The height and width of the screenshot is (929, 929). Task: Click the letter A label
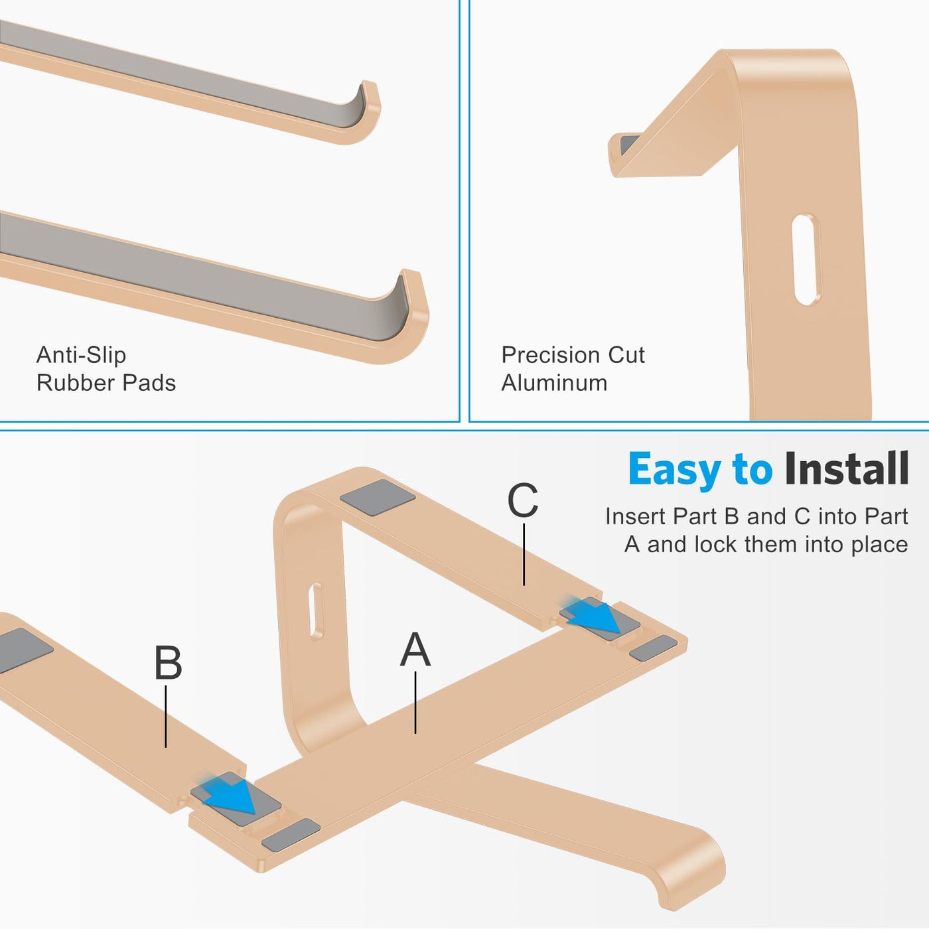pyautogui.click(x=415, y=650)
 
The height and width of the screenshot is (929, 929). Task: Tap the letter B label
pyautogui.click(x=168, y=663)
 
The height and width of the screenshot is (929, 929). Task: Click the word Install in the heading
pyautogui.click(x=846, y=468)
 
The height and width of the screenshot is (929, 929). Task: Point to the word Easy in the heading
pyautogui.click(x=675, y=470)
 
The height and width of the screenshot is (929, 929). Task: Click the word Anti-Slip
pyautogui.click(x=81, y=355)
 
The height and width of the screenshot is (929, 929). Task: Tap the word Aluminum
pyautogui.click(x=554, y=384)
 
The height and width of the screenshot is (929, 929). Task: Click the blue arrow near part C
pyautogui.click(x=594, y=614)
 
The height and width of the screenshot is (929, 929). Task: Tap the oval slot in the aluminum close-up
pyautogui.click(x=806, y=259)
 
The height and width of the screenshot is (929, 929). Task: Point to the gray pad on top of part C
pyautogui.click(x=378, y=497)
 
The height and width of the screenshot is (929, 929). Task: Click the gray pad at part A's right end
pyautogui.click(x=653, y=648)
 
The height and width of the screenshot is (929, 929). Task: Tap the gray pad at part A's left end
pyautogui.click(x=291, y=835)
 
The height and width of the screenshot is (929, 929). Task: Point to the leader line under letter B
pyautogui.click(x=166, y=717)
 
